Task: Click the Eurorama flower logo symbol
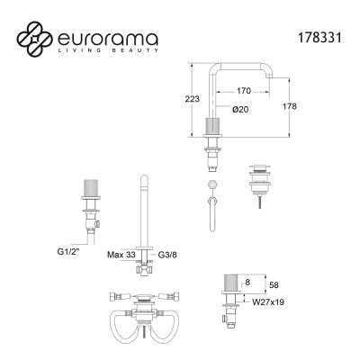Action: click(35, 39)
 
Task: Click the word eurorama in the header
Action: click(108, 39)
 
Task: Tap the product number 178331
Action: click(319, 38)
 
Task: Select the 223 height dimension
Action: click(192, 99)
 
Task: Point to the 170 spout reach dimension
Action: click(243, 91)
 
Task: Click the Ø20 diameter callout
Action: click(241, 110)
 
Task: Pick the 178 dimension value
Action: click(289, 106)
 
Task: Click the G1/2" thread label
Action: click(68, 252)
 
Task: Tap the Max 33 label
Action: click(121, 255)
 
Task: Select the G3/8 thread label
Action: click(167, 255)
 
